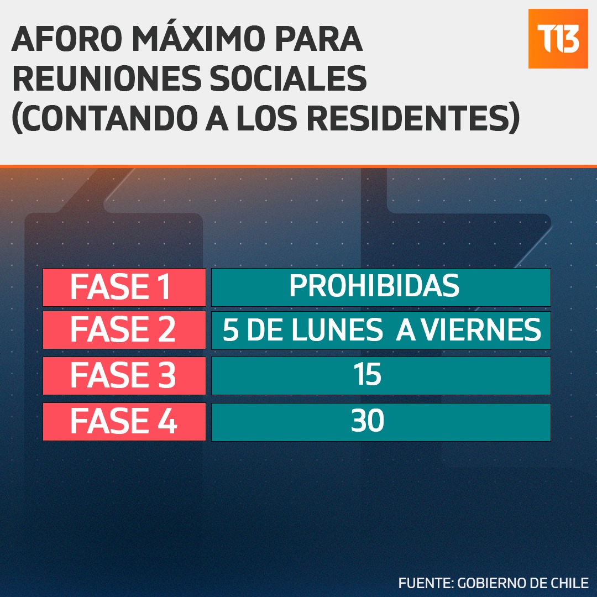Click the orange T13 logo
558,39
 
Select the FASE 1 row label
124,287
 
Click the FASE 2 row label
124,329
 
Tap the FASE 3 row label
124,375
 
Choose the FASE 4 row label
124,421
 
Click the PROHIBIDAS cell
381,287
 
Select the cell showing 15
381,375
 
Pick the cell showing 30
381,422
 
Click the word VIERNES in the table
481,329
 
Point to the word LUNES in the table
337,329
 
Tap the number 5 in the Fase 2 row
231,329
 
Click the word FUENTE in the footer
426,583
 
